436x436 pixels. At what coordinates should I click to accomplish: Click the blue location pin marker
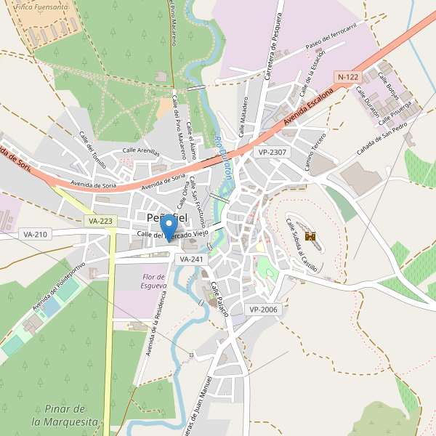pos(169,227)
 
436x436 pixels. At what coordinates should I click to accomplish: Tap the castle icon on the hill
pos(310,236)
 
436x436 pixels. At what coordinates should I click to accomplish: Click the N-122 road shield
pos(347,76)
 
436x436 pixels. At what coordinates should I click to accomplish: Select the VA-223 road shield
pos(100,221)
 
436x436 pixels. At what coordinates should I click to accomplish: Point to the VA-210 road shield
pos(35,234)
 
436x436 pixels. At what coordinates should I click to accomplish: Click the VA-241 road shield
pos(191,259)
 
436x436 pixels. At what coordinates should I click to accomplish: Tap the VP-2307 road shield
pos(272,152)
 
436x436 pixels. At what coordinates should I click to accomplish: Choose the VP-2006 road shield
pos(264,310)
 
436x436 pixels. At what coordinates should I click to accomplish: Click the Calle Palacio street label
pos(219,299)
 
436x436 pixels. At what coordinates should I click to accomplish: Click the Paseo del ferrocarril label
pos(331,47)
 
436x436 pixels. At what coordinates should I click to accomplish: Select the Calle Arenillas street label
pos(141,150)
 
